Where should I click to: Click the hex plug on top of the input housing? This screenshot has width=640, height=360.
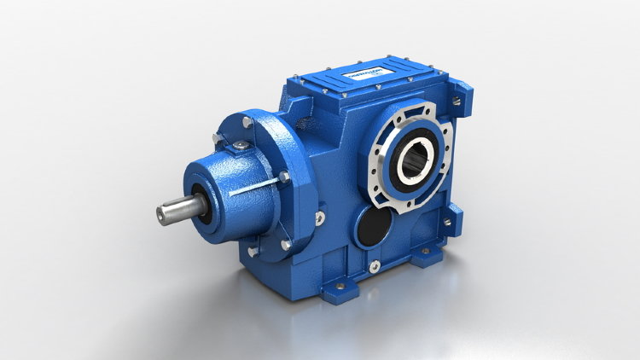click(x=244, y=150)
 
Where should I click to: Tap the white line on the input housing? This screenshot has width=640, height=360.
click(x=257, y=187)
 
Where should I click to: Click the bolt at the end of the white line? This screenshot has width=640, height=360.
click(x=284, y=177)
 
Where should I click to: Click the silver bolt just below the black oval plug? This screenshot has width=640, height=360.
click(x=373, y=267)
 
